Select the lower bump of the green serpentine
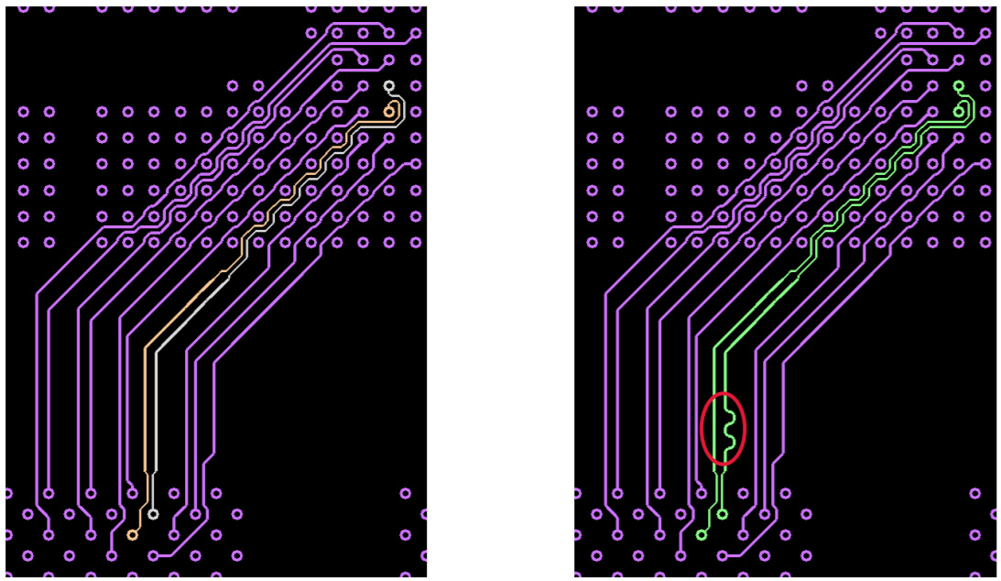coord(730,444)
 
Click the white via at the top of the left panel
coord(389,86)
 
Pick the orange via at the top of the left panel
coord(389,112)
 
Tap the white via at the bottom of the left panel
coord(153,514)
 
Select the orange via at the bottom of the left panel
coord(133,534)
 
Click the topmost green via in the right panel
coord(959,86)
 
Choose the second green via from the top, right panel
coord(959,112)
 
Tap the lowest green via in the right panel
coord(702,534)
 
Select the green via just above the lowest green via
coord(723,514)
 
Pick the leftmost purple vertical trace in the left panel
coord(37,394)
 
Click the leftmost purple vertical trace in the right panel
coord(606,394)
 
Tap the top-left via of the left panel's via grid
coord(24,112)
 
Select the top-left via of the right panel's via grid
coord(593,112)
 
